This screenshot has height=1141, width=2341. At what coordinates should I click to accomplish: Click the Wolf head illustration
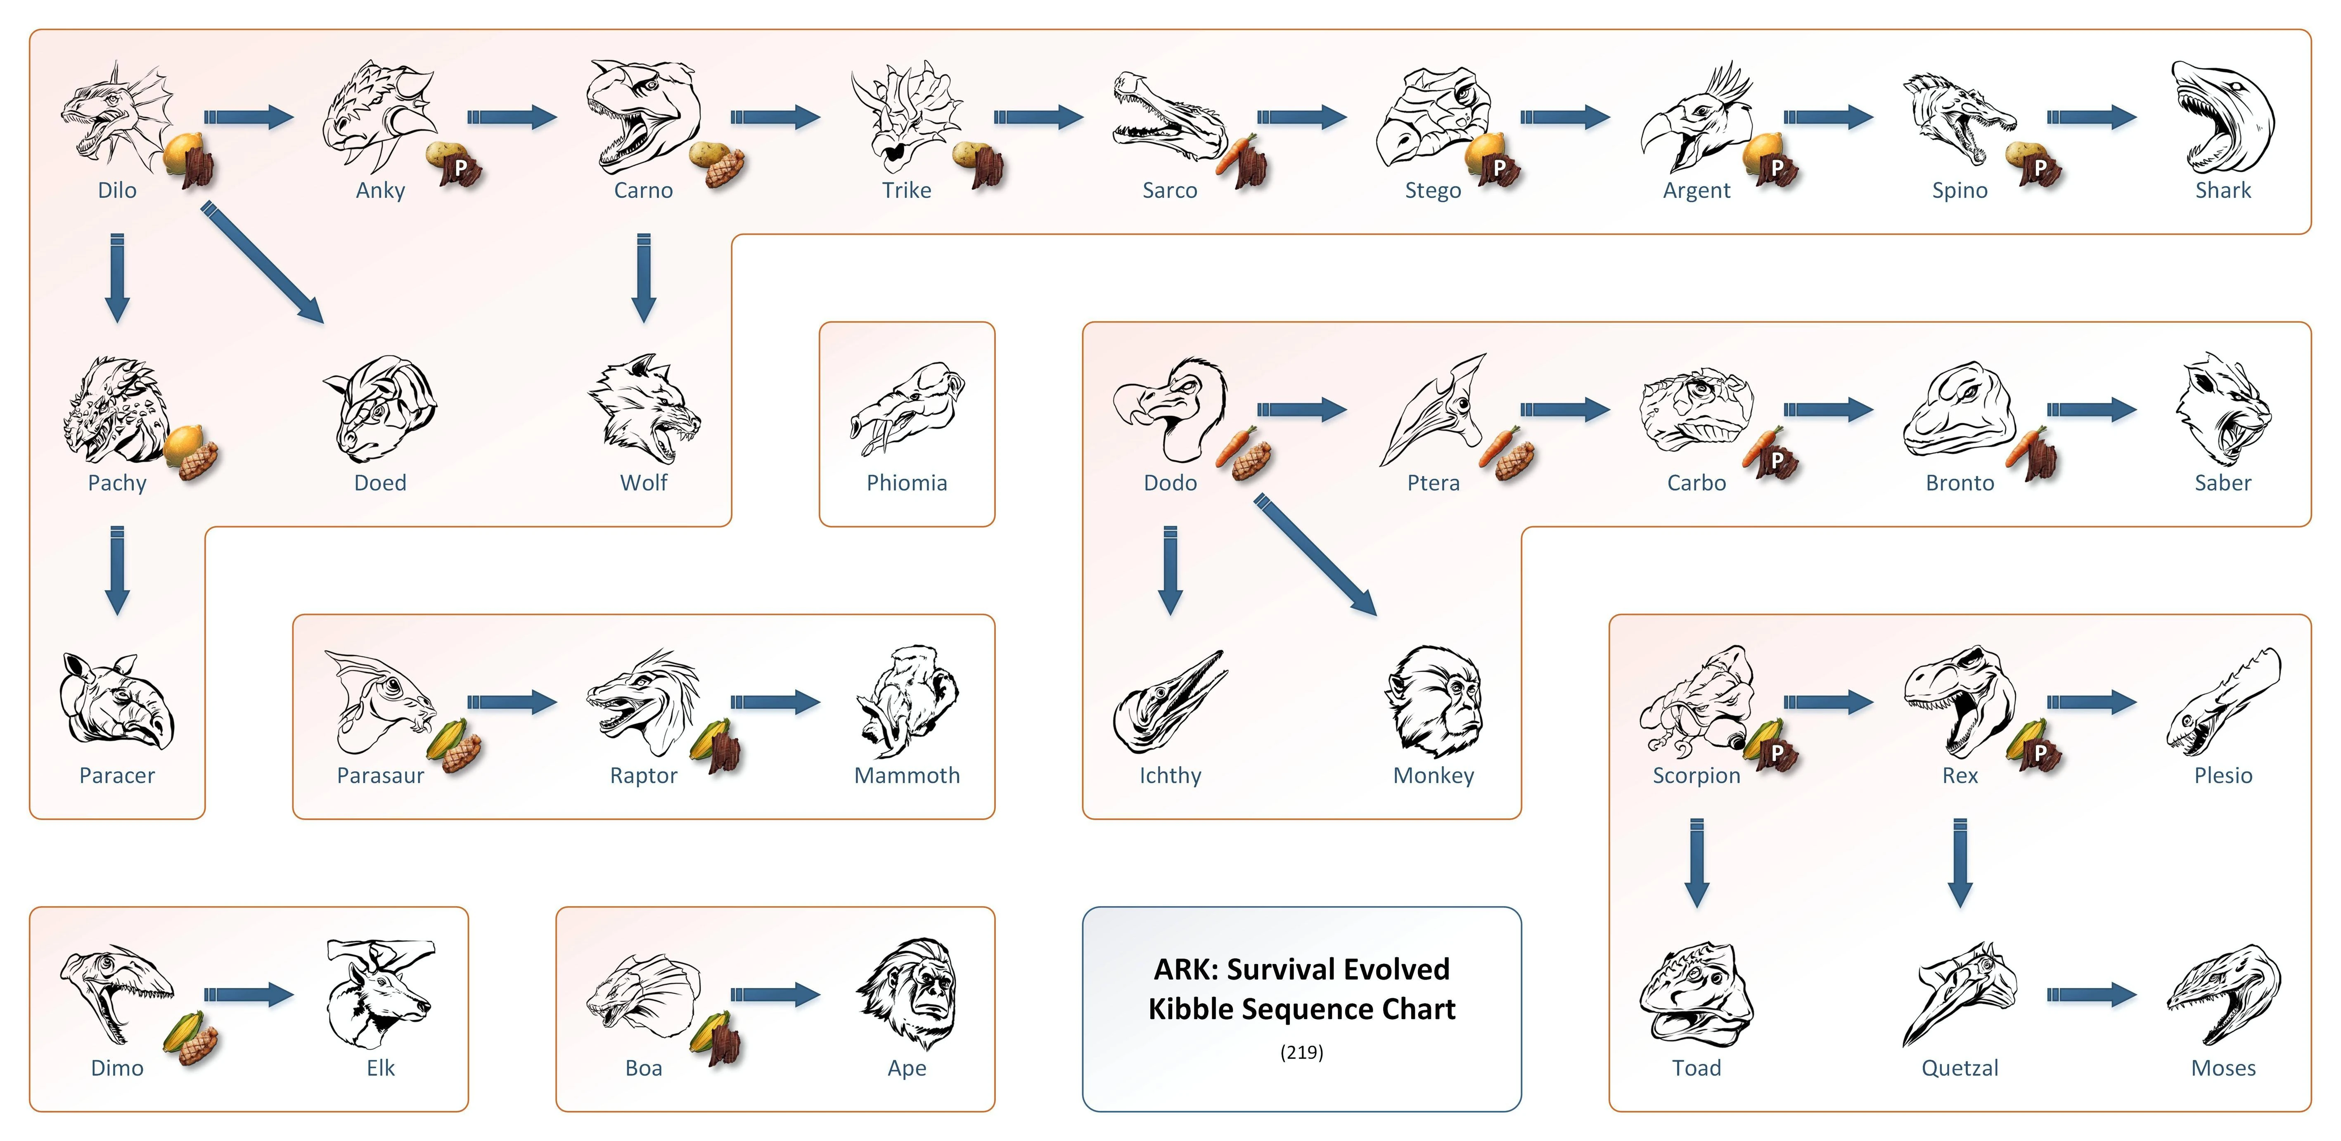(643, 409)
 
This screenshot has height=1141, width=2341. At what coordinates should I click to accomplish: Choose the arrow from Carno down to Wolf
(643, 277)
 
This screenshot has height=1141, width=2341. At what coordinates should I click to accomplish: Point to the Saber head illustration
(2222, 409)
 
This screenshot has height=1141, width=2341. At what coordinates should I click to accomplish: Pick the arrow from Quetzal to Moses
(2090, 995)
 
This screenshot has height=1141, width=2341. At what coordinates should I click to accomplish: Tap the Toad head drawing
(1696, 995)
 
